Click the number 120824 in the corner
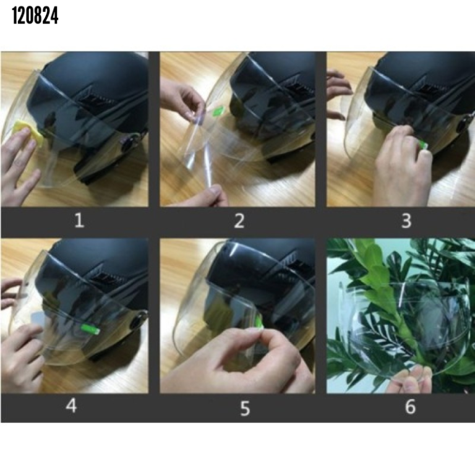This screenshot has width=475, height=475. click(35, 15)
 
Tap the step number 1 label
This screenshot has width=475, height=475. click(79, 220)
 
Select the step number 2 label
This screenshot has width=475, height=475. click(239, 221)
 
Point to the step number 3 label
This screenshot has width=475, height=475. click(406, 221)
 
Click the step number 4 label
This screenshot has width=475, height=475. click(72, 406)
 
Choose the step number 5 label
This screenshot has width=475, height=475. click(245, 408)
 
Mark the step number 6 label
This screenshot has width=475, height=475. click(410, 406)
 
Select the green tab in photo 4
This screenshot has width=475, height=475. click(90, 329)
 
